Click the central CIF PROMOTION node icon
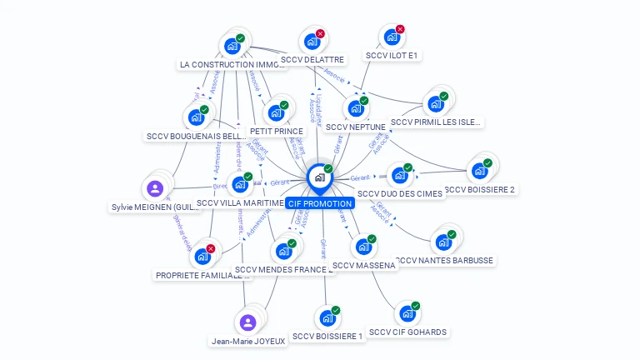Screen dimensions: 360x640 (319, 177)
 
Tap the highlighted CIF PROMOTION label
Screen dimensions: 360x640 (319, 203)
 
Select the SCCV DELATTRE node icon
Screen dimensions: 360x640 (312, 42)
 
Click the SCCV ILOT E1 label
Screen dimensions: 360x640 (392, 56)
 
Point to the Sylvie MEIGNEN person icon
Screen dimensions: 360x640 (155, 188)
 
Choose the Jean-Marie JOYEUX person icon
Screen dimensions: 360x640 (247, 322)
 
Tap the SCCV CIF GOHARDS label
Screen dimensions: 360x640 (407, 332)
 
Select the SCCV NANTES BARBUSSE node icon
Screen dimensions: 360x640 (443, 242)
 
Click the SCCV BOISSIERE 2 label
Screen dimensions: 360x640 (479, 189)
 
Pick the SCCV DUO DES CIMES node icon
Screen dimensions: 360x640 (399, 176)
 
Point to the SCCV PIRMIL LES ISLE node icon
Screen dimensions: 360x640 (435, 104)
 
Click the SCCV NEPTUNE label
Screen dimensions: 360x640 (355, 127)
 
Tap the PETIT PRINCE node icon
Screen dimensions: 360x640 (276, 113)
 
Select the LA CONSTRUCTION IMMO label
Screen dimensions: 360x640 (232, 64)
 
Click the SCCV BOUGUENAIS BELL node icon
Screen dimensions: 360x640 (197, 117)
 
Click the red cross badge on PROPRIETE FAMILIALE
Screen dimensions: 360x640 (211, 248)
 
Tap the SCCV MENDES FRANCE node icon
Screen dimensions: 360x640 (283, 251)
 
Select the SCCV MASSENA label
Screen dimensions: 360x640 (363, 265)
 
